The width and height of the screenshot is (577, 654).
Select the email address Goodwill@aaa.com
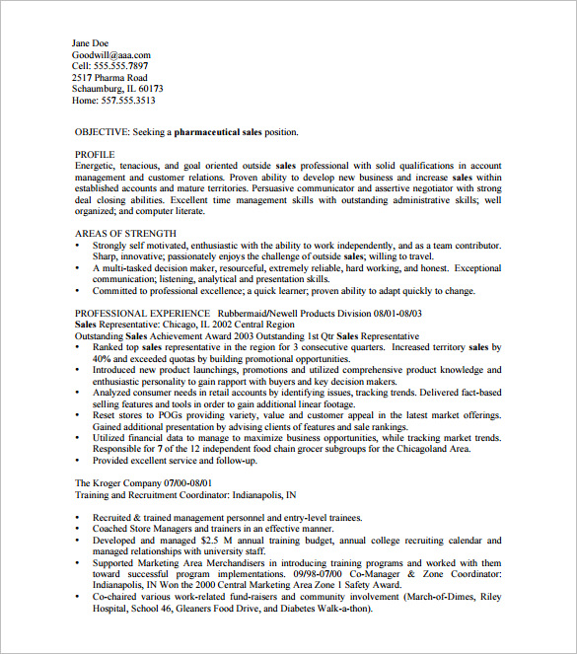(x=111, y=55)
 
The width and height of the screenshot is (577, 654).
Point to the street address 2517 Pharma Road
(x=109, y=78)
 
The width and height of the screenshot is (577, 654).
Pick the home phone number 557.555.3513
(x=128, y=101)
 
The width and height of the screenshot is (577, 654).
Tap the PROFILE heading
(x=96, y=155)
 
